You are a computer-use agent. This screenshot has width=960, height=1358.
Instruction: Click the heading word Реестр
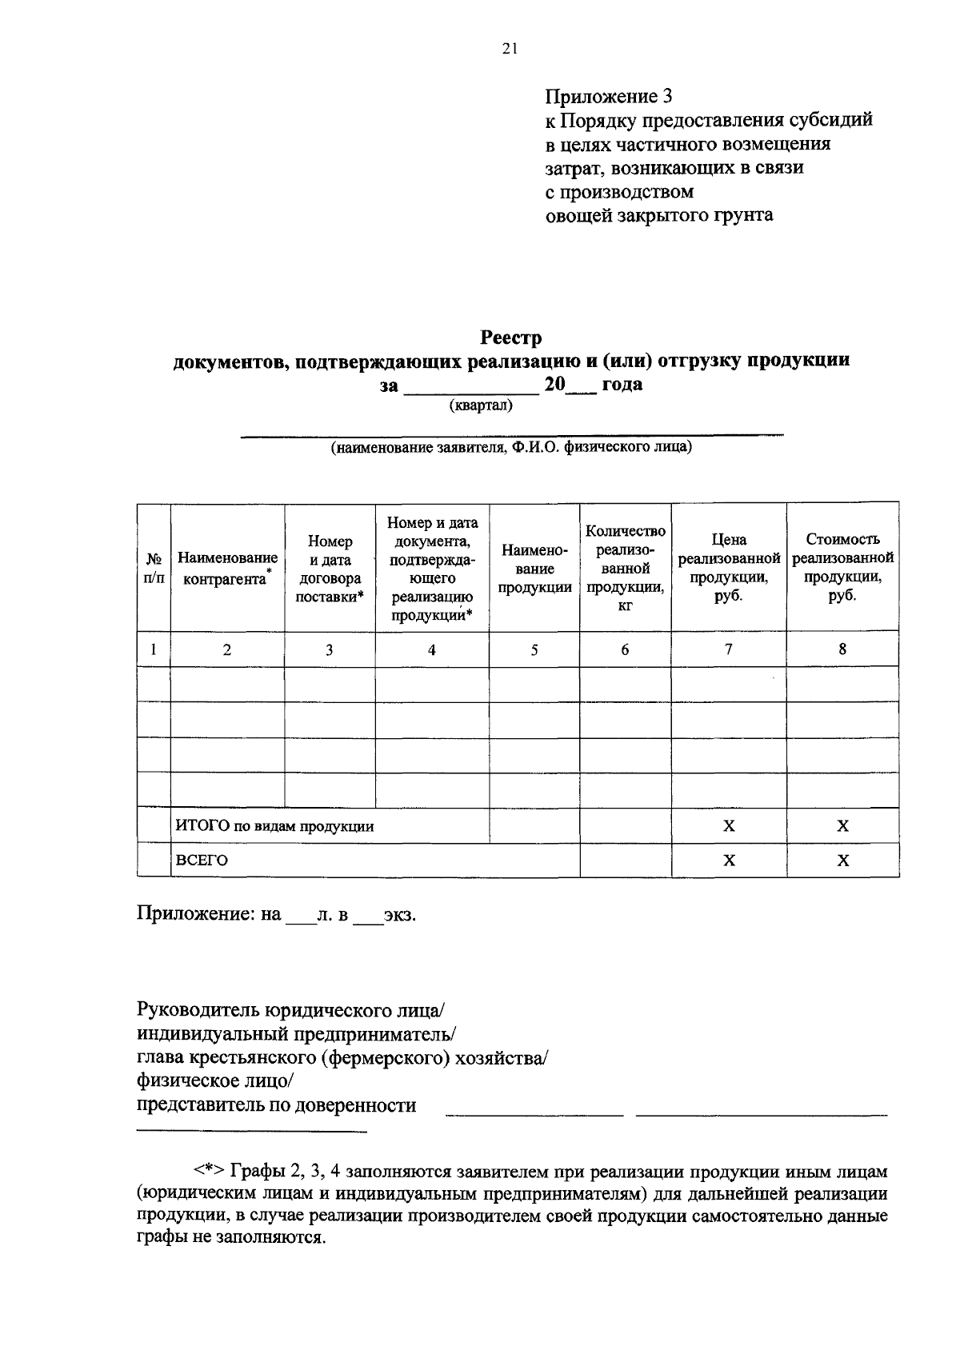[x=510, y=338]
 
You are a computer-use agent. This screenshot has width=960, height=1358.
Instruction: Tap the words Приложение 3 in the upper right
[x=609, y=97]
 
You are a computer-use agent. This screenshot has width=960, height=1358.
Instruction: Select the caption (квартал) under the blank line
[x=480, y=405]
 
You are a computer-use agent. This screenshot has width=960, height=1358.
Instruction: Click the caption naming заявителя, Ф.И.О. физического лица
[x=512, y=448]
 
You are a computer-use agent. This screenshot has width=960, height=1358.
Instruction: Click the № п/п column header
[x=154, y=568]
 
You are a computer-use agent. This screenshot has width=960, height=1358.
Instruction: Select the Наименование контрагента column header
[x=227, y=568]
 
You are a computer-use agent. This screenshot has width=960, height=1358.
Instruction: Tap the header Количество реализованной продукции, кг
[x=625, y=568]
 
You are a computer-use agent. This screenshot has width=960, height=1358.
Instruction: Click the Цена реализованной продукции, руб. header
[x=729, y=568]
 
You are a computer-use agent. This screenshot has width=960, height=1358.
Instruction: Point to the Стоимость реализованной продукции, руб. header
[x=842, y=568]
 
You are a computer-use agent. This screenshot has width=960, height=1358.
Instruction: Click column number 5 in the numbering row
[x=534, y=649]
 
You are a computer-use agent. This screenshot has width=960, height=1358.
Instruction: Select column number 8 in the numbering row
[x=842, y=649]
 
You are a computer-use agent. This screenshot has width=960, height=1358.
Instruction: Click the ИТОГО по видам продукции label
[x=274, y=826]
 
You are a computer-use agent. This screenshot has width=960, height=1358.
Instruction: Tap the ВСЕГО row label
[x=202, y=861]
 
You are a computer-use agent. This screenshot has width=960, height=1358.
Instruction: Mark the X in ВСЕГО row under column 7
[x=729, y=861]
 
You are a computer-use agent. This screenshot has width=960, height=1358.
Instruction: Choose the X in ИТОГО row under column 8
[x=842, y=826]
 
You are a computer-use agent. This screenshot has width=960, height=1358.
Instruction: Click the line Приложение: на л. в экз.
[x=277, y=914]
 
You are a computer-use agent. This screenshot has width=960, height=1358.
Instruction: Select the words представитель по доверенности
[x=277, y=1106]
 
